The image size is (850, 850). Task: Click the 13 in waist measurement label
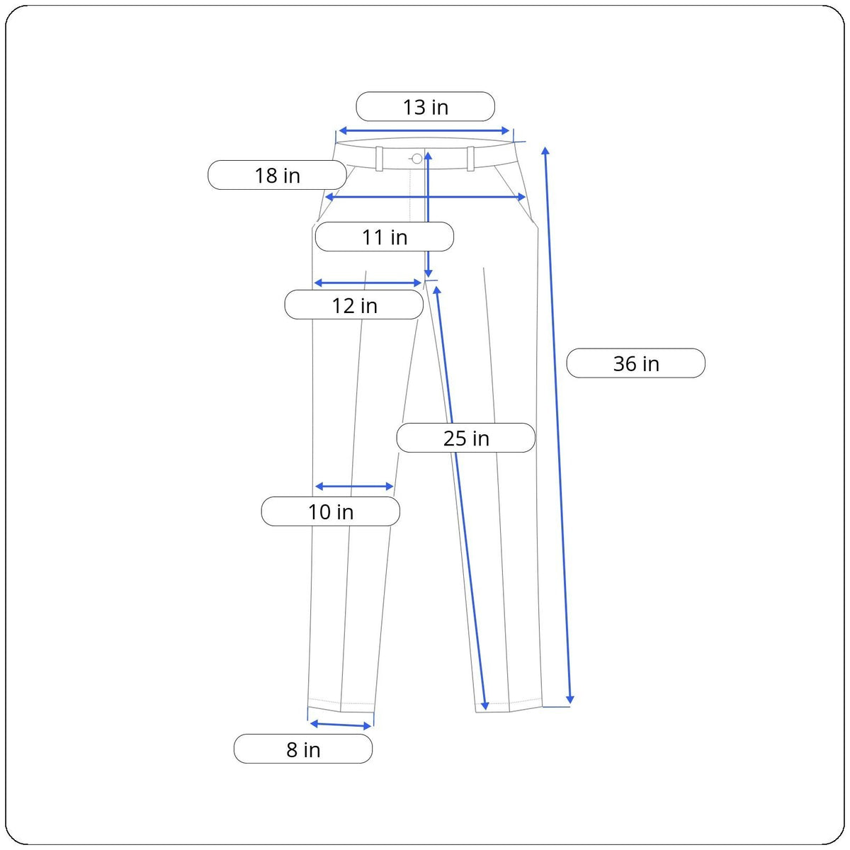point(425,107)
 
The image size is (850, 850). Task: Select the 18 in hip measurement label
point(277,176)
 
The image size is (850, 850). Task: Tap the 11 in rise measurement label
point(384,237)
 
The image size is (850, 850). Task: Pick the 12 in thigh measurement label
point(354,305)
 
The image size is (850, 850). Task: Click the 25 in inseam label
point(465,438)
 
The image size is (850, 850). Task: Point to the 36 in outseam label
point(635,363)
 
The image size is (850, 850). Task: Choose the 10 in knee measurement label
point(330,511)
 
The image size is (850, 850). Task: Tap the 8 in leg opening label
point(302,749)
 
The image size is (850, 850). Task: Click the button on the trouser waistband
point(416,159)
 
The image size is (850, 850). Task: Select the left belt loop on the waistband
point(380,159)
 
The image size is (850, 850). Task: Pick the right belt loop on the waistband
point(470,159)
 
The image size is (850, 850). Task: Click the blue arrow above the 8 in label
point(341,724)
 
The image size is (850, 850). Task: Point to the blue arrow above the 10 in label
point(353,487)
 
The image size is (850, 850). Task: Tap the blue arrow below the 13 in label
point(424,130)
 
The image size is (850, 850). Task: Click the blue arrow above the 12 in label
point(368,283)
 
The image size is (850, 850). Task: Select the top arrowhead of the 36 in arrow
point(545,150)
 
